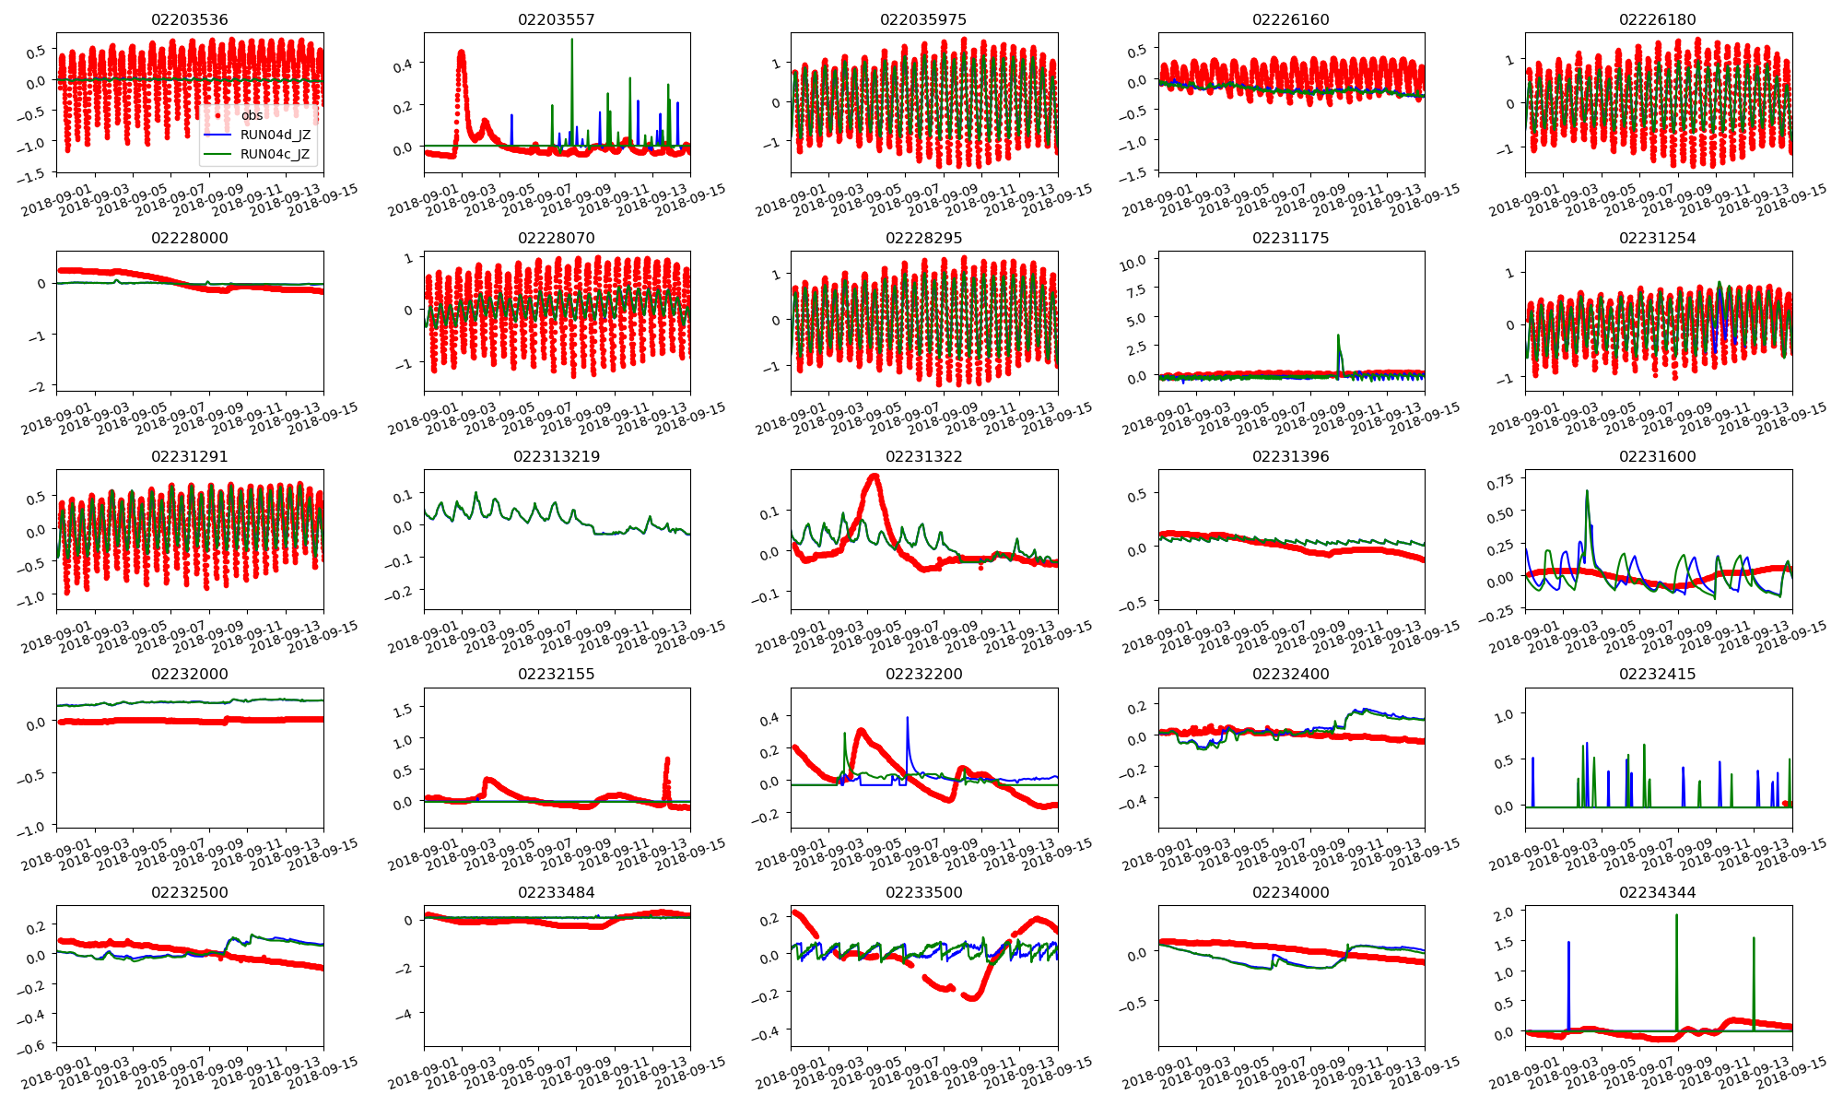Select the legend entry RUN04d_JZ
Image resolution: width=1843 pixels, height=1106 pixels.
[275, 135]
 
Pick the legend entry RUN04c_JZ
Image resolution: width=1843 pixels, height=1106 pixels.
[275, 154]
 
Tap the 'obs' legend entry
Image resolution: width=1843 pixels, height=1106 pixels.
[252, 115]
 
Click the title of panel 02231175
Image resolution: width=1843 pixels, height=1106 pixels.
[1291, 238]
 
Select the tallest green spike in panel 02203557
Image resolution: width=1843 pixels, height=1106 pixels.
[572, 41]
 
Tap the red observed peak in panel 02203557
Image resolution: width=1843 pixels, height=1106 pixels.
[461, 53]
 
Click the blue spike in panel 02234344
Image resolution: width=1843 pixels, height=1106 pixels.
[1567, 944]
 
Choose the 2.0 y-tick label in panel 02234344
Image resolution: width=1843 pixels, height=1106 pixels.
[1504, 912]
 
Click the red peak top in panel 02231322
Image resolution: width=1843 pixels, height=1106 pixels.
[874, 476]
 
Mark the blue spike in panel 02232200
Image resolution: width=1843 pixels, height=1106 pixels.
[907, 718]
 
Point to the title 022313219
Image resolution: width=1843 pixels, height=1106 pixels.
[557, 456]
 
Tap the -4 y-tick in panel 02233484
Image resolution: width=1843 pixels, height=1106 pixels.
[406, 1013]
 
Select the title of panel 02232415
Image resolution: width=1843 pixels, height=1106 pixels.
[1657, 674]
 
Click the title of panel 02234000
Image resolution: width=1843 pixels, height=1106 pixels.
[1291, 892]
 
